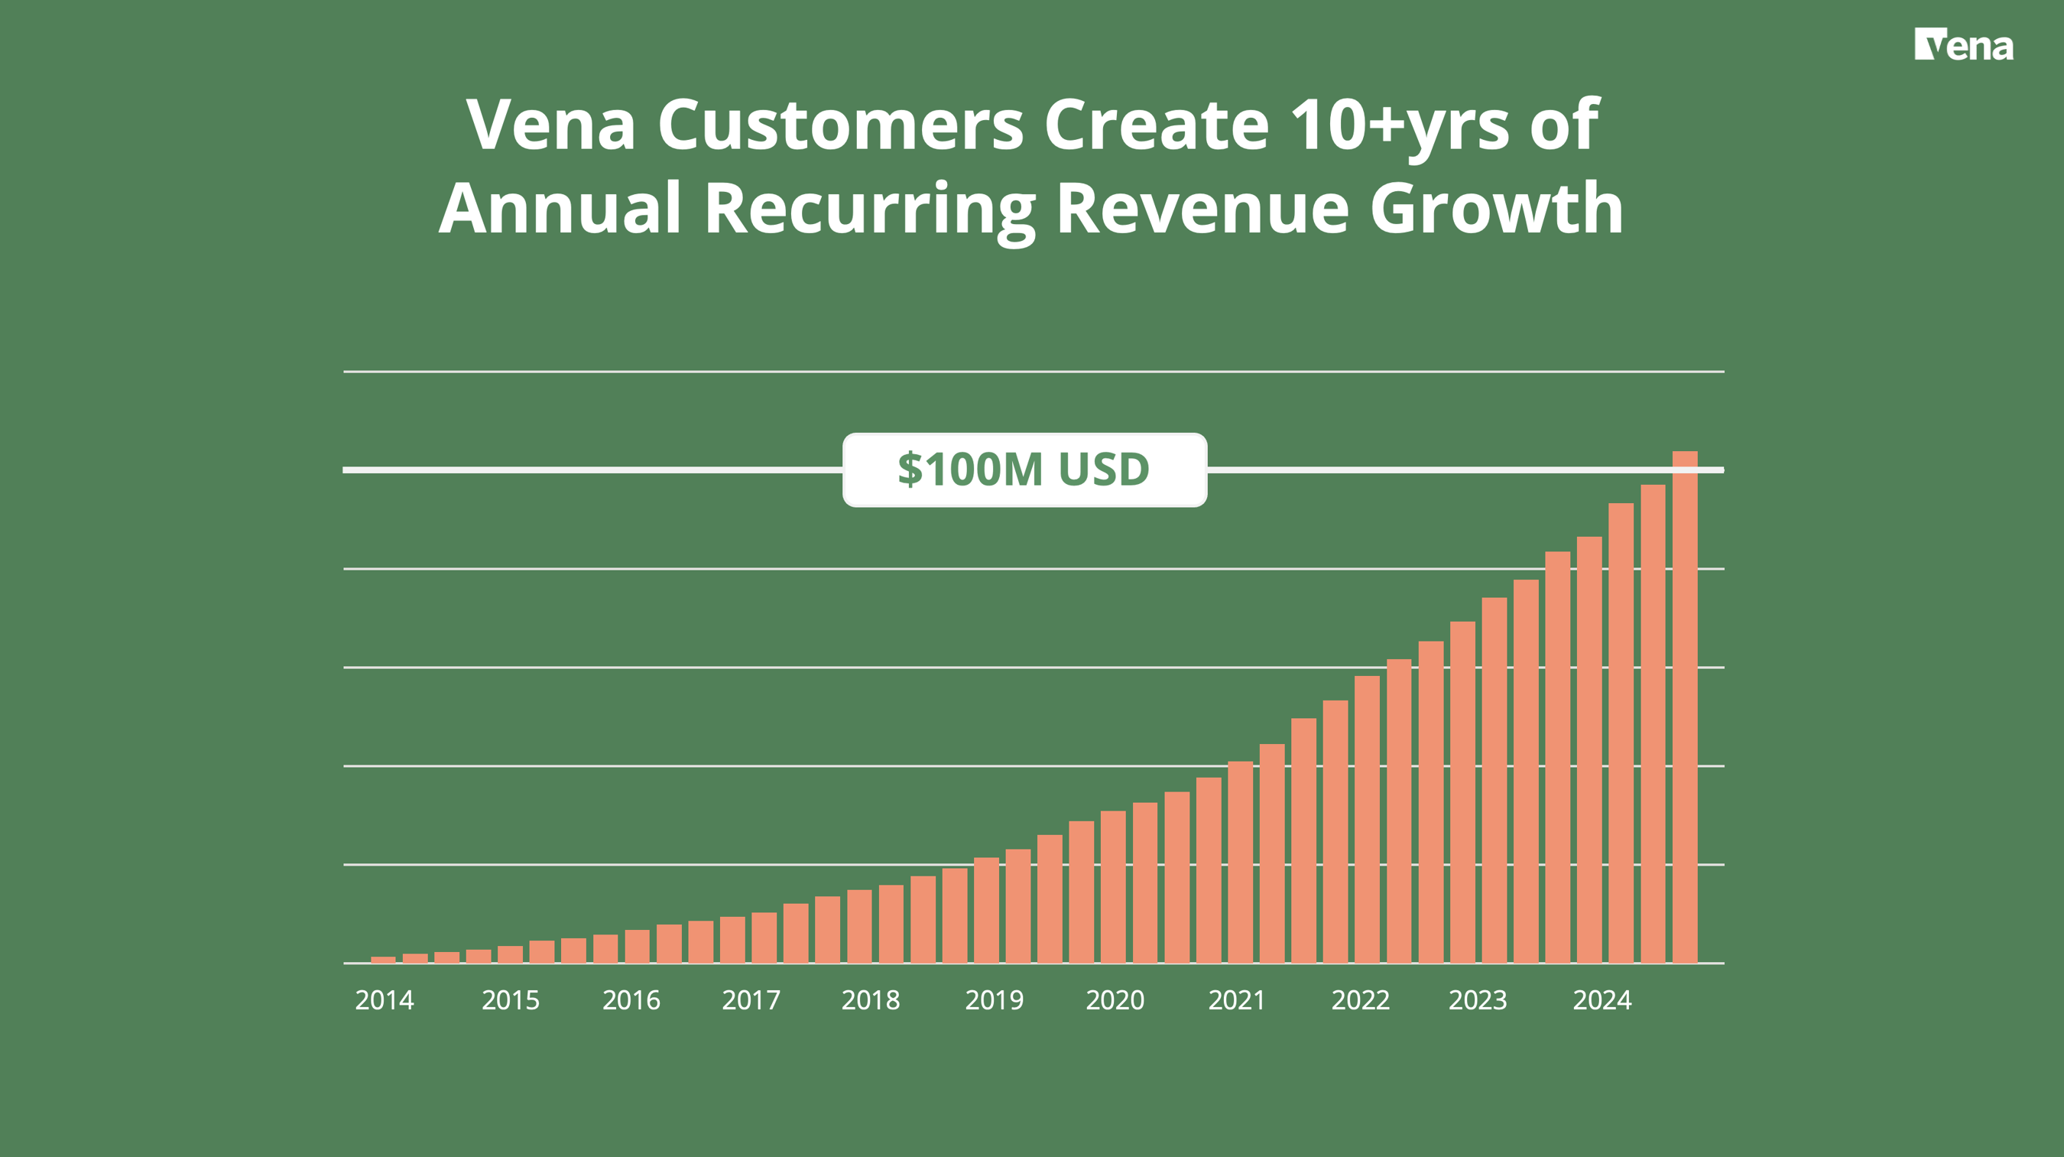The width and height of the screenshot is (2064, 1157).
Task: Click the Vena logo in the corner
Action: (1963, 45)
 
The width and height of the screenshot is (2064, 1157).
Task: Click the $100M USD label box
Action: (1024, 470)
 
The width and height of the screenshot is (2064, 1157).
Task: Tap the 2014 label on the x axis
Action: (385, 1000)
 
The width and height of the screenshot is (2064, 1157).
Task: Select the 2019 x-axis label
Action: (995, 1000)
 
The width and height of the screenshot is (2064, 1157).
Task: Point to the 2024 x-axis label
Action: (1602, 1000)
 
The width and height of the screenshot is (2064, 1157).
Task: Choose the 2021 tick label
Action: (1236, 1000)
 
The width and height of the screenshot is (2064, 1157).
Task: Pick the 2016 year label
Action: (631, 1000)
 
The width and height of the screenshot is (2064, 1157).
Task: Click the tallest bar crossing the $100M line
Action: (1684, 705)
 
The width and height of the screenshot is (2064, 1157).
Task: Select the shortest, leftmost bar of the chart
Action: (383, 959)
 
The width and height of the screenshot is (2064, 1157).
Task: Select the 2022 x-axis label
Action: (1361, 1000)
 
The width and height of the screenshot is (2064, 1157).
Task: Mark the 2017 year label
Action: (751, 1000)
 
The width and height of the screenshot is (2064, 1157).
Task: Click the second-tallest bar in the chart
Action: (1653, 721)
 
